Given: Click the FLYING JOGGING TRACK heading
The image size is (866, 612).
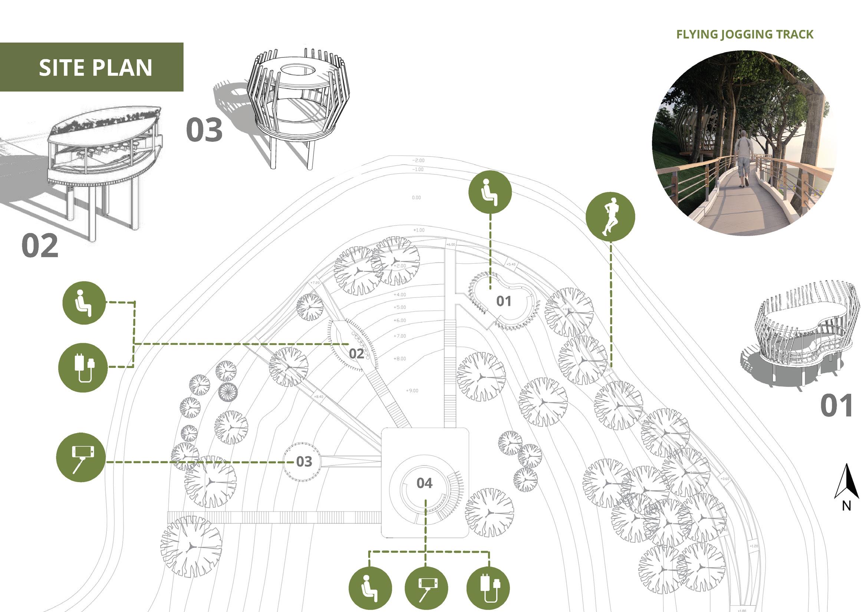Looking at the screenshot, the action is point(745,35).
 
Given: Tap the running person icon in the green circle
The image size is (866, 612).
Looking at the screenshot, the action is point(610,217).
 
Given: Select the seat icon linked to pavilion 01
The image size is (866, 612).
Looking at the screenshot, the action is point(490,192).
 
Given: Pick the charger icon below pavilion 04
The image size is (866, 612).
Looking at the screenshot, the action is point(488,588).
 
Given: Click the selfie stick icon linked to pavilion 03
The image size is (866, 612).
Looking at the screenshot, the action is point(81,457).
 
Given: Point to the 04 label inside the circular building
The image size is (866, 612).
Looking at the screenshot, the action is point(424,483).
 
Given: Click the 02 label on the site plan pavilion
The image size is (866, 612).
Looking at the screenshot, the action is point(356,353).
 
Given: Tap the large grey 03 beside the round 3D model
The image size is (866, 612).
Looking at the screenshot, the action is point(204,130).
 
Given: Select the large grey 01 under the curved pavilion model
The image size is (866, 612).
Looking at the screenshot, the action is point(836,406).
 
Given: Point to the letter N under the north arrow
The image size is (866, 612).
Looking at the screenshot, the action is point(846,506).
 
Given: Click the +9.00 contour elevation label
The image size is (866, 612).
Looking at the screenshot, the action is point(412,391).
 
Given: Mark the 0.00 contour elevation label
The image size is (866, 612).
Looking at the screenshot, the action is point(416,197).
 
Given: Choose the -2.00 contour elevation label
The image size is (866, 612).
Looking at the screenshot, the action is point(418,160).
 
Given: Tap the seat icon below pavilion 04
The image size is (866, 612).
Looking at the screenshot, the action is point(370,588).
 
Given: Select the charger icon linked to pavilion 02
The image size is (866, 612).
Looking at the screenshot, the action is point(83,368).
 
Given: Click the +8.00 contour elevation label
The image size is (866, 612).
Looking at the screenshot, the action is point(400,358).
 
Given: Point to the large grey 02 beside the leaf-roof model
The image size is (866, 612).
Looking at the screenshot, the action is point(40,245).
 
